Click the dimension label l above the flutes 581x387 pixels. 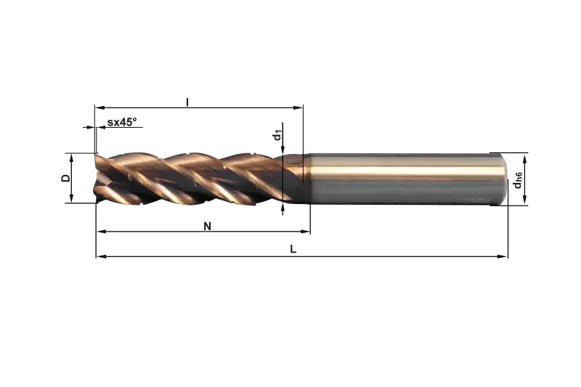click(187, 102)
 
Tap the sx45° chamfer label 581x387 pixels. click(122, 122)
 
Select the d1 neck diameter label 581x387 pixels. click(277, 136)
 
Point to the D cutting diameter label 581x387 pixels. click(66, 178)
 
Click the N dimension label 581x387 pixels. click(208, 226)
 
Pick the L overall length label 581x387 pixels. click(293, 249)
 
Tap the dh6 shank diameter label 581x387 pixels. click(518, 180)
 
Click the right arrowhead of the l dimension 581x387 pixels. click(298, 107)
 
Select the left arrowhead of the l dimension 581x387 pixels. click(99, 107)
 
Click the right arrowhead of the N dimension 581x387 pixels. click(305, 232)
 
